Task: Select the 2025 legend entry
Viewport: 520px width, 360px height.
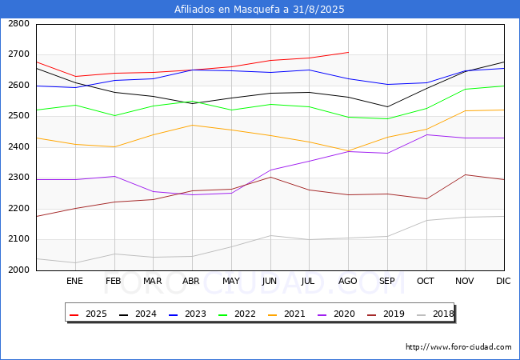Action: pos(88,314)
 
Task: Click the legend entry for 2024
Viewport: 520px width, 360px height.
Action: pos(138,314)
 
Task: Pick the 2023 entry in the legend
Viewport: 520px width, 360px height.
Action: pos(187,314)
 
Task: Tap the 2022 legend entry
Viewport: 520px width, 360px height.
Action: pos(237,314)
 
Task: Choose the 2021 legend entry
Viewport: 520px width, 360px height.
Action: pos(286,314)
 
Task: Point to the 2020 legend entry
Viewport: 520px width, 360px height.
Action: pos(336,314)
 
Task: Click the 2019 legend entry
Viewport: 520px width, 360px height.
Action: pos(386,314)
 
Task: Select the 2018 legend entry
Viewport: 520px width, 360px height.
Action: pos(435,314)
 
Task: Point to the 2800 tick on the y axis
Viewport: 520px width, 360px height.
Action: pos(18,23)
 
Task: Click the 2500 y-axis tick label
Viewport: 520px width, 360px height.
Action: pos(18,116)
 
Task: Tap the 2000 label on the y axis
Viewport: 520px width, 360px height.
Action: pos(18,270)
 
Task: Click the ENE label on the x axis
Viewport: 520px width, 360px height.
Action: pos(74,281)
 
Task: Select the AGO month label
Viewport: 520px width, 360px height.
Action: pos(347,281)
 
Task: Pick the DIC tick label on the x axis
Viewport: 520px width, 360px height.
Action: pos(503,281)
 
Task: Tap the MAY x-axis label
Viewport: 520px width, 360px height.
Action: pos(231,281)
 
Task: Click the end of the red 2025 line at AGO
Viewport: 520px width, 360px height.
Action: pos(349,52)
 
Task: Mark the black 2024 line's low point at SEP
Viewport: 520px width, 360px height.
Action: pos(387,106)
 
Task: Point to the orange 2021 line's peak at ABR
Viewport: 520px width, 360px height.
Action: pos(192,125)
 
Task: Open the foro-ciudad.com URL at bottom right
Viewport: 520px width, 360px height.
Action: pos(458,347)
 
